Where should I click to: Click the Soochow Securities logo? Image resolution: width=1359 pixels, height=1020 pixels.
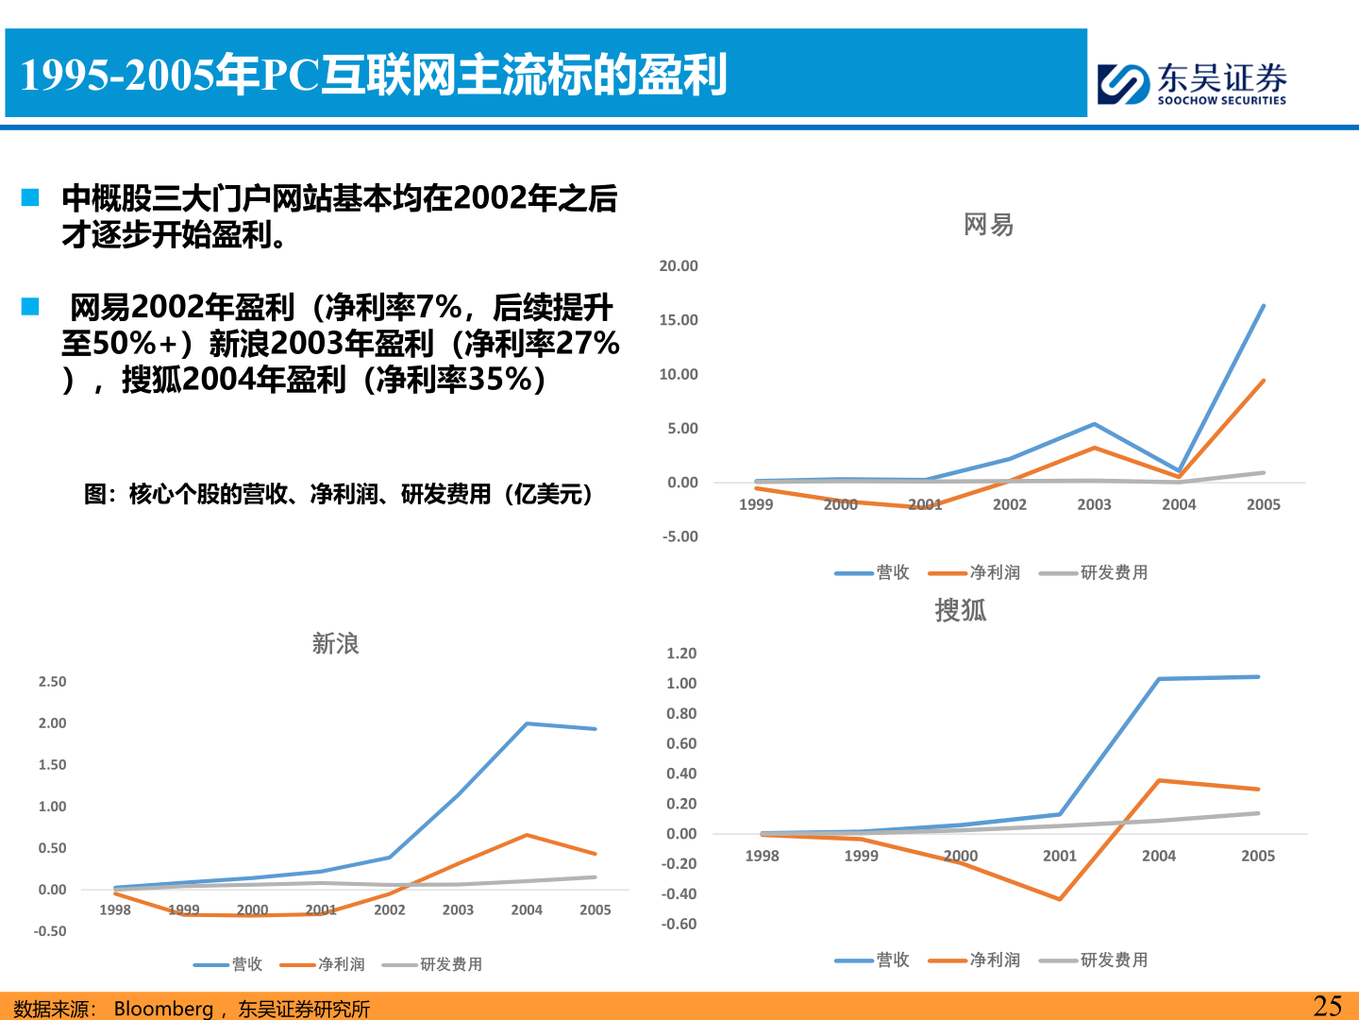click(x=1192, y=83)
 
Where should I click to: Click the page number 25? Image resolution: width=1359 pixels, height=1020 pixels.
click(x=1327, y=1005)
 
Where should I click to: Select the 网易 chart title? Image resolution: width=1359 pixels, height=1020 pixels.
click(x=988, y=225)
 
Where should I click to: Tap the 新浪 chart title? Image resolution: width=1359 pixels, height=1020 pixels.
click(x=335, y=644)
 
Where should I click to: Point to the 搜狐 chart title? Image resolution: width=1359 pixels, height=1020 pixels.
click(x=960, y=610)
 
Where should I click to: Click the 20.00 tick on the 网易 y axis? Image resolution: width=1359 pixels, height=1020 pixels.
click(x=679, y=266)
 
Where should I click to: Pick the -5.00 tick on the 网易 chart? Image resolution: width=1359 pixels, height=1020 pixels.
click(x=679, y=536)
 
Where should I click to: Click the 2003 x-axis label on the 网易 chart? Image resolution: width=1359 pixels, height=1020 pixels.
click(x=1094, y=504)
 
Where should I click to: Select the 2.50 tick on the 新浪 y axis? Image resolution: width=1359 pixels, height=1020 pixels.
click(x=52, y=682)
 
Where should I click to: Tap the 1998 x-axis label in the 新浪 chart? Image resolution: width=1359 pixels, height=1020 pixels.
click(x=115, y=909)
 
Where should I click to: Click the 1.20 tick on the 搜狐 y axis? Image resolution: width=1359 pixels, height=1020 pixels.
click(x=681, y=654)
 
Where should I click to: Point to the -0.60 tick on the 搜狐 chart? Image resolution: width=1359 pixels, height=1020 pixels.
click(x=679, y=924)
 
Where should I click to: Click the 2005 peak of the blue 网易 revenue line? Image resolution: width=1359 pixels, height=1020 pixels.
click(x=1263, y=306)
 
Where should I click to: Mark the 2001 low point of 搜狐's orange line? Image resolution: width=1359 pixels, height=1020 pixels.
click(x=1060, y=899)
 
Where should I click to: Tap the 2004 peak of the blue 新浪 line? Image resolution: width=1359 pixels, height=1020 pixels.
click(x=527, y=723)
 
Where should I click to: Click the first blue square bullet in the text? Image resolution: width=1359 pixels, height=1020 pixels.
click(x=30, y=197)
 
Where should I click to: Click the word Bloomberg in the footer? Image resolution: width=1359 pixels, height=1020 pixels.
click(x=163, y=1009)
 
